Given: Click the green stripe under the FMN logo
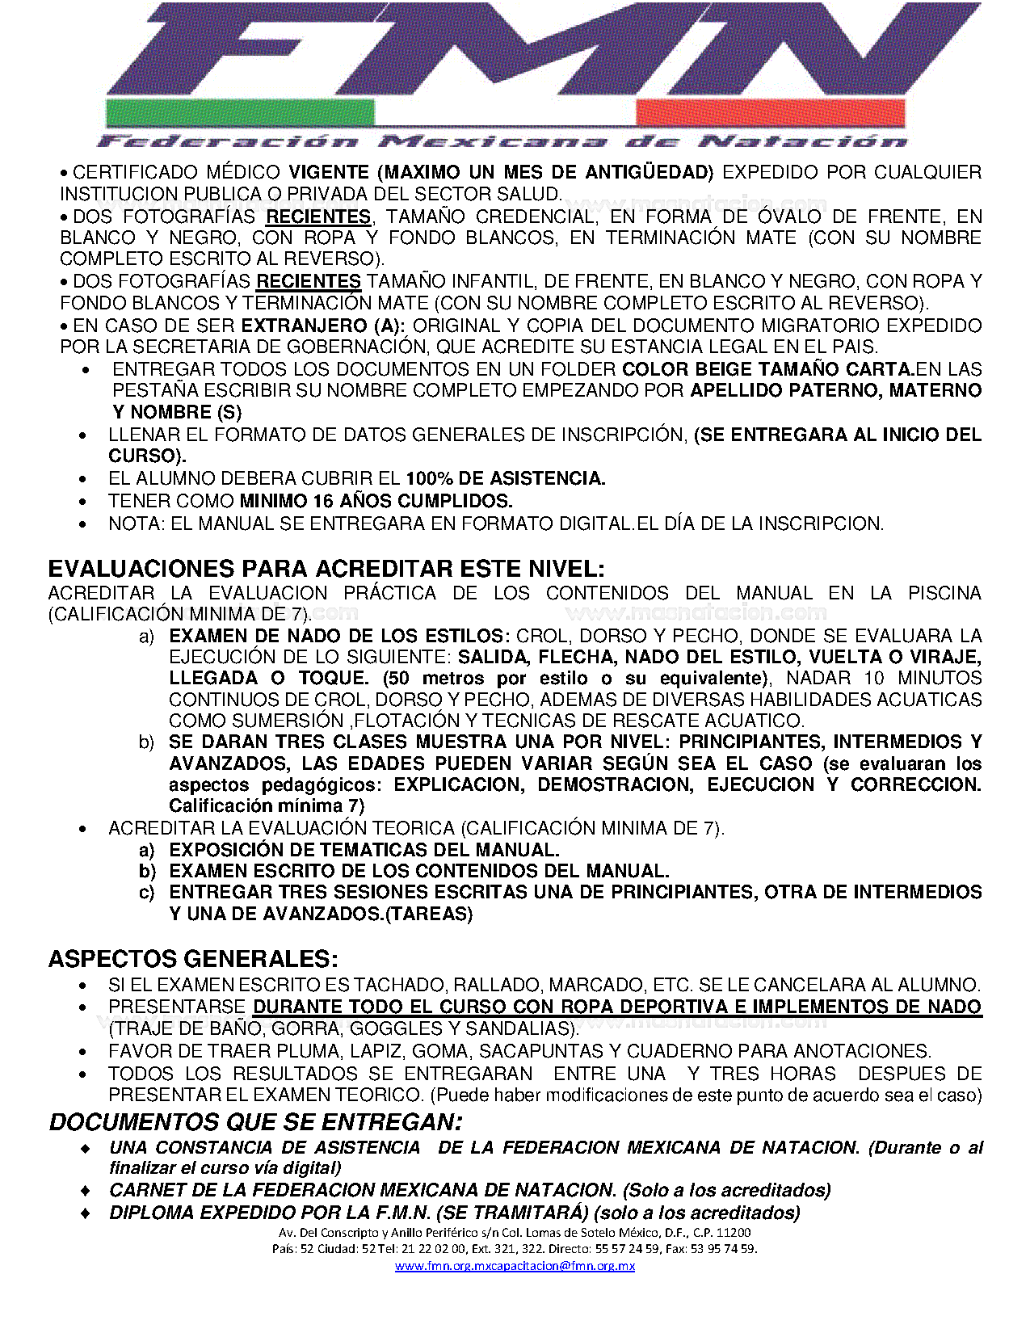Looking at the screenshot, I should coord(240,113).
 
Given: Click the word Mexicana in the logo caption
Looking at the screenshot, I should coord(493,142).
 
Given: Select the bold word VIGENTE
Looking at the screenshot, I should coord(329,172).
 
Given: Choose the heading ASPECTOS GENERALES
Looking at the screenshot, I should coord(193,959).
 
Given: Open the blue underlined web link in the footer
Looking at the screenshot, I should coord(515,1266).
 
